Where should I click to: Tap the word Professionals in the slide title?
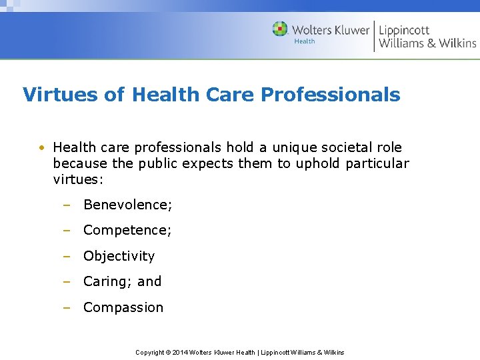coord(331,95)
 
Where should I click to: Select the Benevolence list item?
coord(127,205)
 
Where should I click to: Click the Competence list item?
coord(127,230)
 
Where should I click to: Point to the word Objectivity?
coord(119,256)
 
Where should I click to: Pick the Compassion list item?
coord(123,307)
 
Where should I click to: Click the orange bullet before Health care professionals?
coord(41,147)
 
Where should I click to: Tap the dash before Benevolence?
coord(66,205)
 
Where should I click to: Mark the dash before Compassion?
coord(66,307)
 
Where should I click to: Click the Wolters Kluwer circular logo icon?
coord(280,29)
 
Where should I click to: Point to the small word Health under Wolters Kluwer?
coord(305,42)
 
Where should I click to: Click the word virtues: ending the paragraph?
coord(78,179)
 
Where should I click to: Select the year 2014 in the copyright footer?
coord(180,352)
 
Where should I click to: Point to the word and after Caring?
coord(149,281)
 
